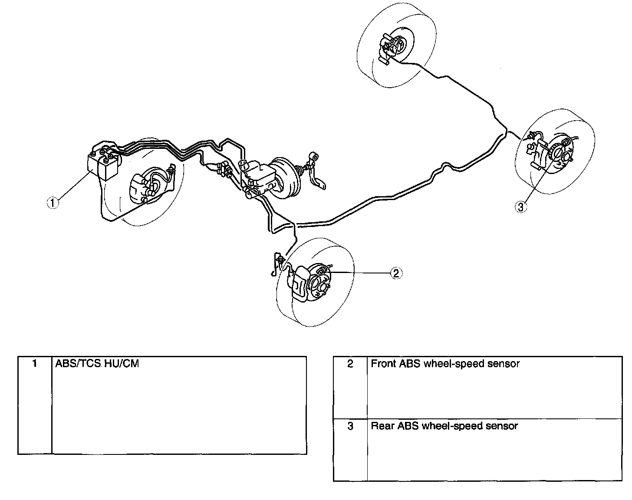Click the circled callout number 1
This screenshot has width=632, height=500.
(x=53, y=203)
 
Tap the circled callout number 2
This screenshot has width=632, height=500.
(x=395, y=273)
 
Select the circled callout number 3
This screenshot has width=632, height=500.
(x=521, y=207)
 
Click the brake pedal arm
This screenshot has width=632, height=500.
(x=317, y=174)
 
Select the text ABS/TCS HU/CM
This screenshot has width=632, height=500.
(x=97, y=364)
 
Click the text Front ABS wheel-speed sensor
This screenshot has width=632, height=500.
(x=445, y=364)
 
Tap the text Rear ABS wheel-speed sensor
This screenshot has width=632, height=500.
(x=444, y=426)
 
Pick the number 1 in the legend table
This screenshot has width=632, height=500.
(x=35, y=364)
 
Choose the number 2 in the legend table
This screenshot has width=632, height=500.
(x=350, y=364)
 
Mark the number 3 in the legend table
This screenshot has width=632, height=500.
(x=350, y=426)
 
